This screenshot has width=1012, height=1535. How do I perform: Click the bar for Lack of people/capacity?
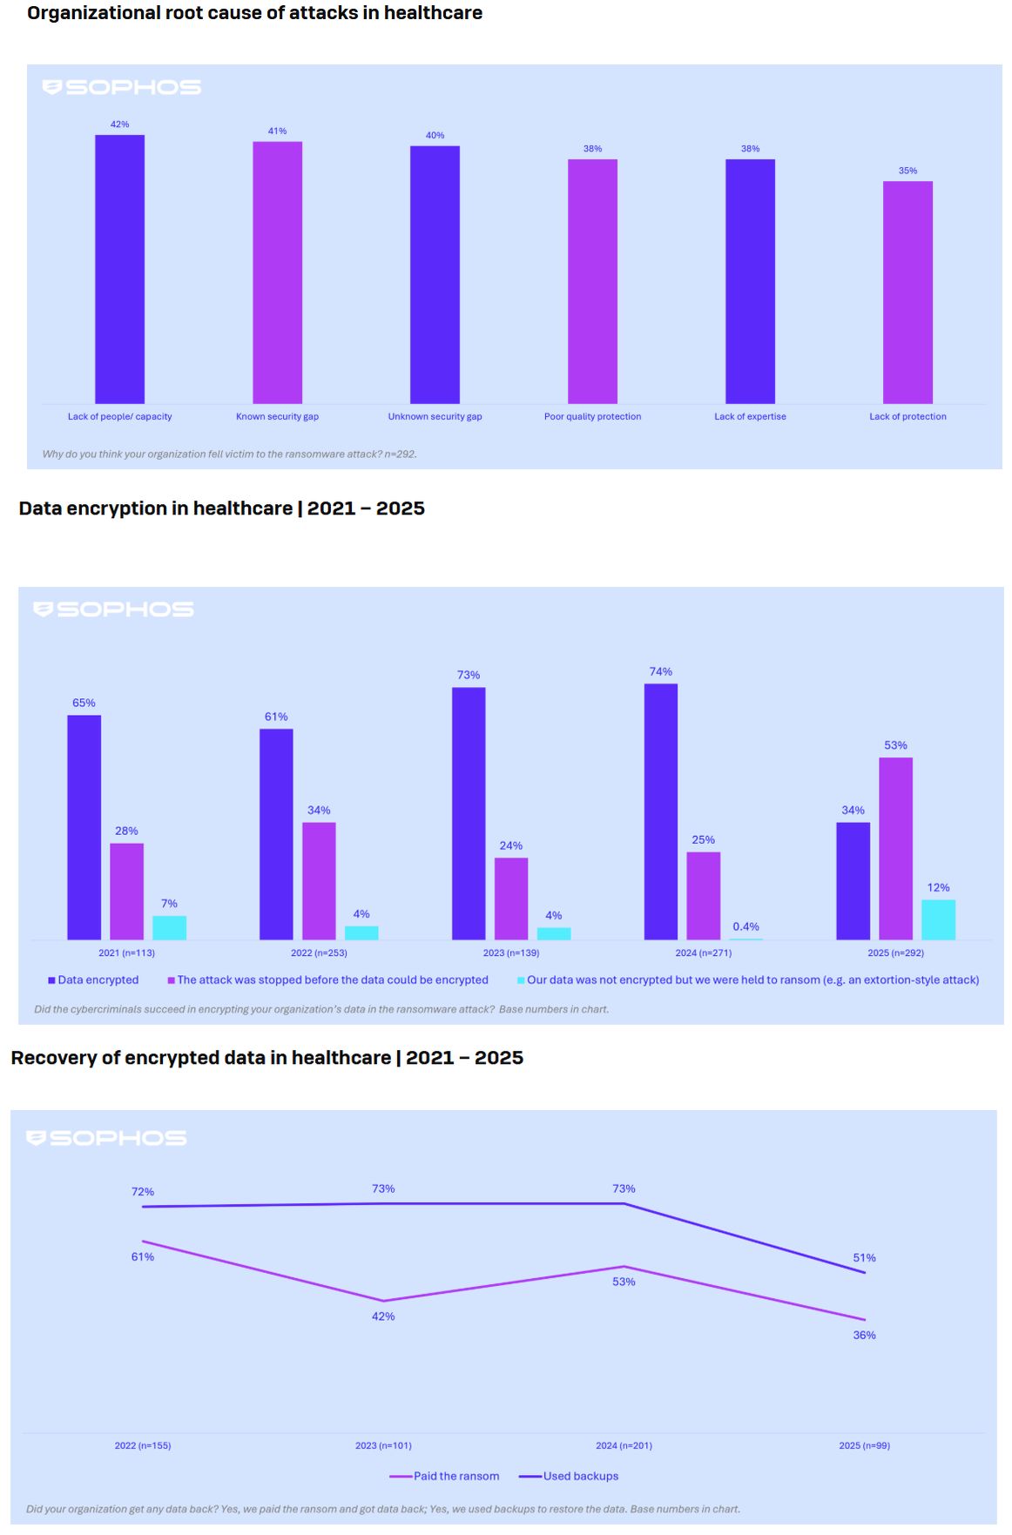tap(119, 269)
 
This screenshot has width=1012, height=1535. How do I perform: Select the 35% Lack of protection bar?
tap(907, 293)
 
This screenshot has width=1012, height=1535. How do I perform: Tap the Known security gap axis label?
tap(277, 417)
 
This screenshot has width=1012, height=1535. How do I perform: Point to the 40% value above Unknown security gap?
tap(435, 136)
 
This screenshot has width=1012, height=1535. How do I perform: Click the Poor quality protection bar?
tap(592, 281)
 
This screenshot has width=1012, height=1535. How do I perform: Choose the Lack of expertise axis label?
tap(750, 417)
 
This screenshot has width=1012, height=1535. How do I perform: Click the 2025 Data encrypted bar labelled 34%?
tap(853, 881)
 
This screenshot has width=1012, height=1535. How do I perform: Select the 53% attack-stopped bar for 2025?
tap(895, 849)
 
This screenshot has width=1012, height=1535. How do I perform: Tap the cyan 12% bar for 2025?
tap(938, 919)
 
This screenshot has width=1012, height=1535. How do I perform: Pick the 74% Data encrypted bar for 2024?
tap(660, 811)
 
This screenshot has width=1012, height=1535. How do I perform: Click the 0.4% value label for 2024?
tap(746, 926)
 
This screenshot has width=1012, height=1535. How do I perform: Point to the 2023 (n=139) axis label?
tap(511, 953)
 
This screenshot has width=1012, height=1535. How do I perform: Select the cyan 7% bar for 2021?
tap(169, 927)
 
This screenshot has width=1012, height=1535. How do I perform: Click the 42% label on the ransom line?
tap(383, 1316)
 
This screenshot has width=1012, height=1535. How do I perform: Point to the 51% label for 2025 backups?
tap(864, 1258)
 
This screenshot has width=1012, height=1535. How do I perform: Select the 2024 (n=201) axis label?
tap(624, 1445)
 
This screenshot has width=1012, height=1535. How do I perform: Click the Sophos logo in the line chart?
tap(106, 1138)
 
